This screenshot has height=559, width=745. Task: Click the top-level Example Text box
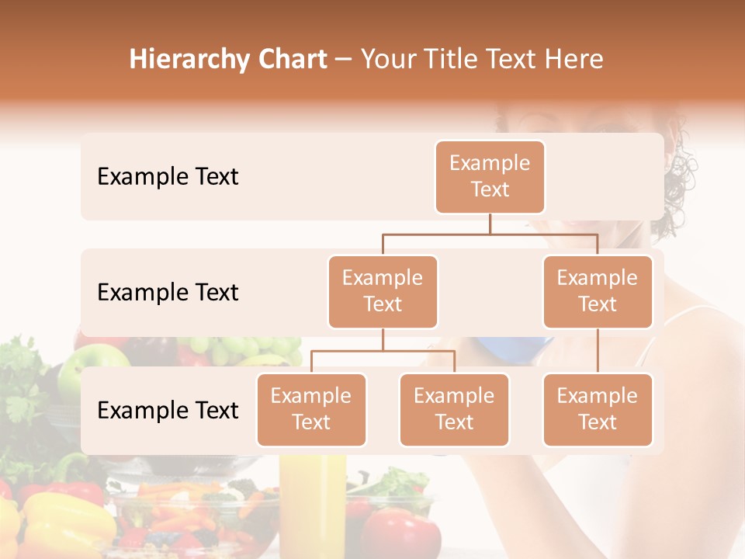pos(490,177)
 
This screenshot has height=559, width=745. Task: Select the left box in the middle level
pos(383,292)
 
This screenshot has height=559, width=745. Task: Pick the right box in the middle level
pos(598,292)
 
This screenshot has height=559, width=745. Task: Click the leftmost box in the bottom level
pos(311,410)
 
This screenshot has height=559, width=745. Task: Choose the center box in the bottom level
pos(454,410)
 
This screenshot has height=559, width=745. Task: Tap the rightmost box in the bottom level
pos(598,410)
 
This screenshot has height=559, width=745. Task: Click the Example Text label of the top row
pos(168,177)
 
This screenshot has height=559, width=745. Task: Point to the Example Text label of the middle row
pos(168,293)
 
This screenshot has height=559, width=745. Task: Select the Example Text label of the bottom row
pos(168,411)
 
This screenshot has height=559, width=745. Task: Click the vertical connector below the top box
pos(490,224)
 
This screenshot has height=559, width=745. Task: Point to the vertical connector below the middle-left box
pos(383,340)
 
